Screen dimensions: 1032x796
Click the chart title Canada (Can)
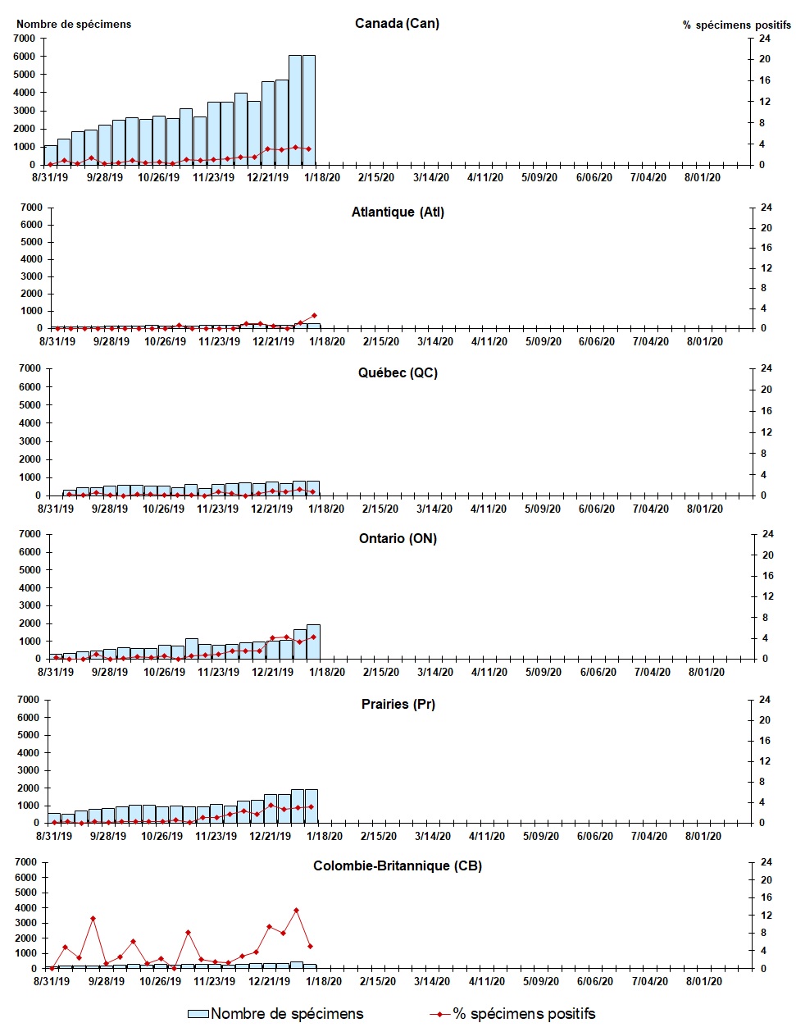pos(397,23)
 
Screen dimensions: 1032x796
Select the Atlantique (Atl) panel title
pos(398,212)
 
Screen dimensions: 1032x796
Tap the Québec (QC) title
pos(398,372)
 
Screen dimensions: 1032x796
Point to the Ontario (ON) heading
pos(398,538)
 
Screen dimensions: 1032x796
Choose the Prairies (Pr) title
pos(398,704)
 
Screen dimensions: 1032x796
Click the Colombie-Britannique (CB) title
pos(398,865)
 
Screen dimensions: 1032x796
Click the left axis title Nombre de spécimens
pos(74,24)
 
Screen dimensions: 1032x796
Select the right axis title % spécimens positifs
pos(736,25)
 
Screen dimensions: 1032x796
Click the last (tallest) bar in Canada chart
pos(309,110)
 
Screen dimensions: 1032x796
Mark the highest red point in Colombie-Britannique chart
pos(296,910)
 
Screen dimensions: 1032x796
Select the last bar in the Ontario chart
pos(312,642)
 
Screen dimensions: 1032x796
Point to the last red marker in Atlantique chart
pos(314,316)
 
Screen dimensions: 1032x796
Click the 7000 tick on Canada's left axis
pos(25,39)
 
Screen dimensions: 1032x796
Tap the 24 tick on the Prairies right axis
pos(764,700)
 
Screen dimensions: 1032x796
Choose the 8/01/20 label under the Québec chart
pos(704,509)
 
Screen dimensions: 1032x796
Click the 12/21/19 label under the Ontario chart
pos(272,672)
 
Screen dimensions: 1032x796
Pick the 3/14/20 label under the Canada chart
pos(430,177)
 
